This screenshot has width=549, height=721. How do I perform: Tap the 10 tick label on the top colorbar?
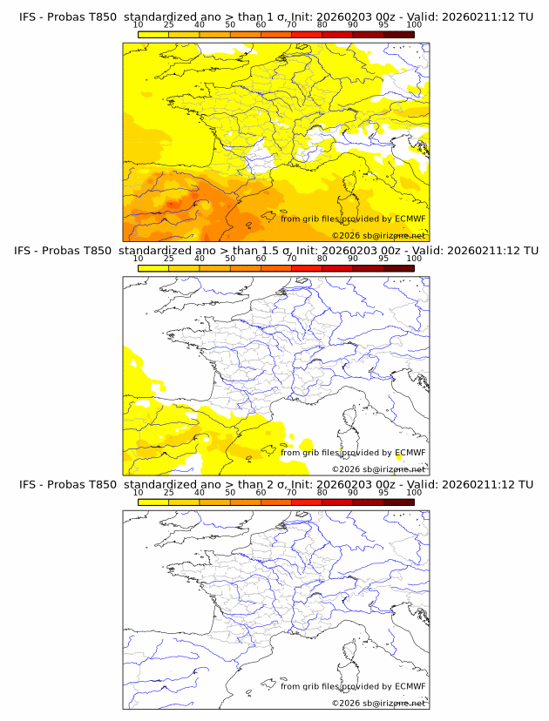pyautogui.click(x=138, y=25)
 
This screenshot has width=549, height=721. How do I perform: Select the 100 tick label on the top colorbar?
pyautogui.click(x=414, y=25)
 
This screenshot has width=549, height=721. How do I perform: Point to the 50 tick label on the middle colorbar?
pyautogui.click(x=230, y=259)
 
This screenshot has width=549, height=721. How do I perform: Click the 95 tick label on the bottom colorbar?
pyautogui.click(x=383, y=492)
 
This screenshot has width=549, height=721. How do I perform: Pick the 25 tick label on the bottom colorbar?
pyautogui.click(x=168, y=492)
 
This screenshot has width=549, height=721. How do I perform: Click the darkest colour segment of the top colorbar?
pyautogui.click(x=398, y=34)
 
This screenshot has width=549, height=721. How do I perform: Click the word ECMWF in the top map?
pyautogui.click(x=410, y=219)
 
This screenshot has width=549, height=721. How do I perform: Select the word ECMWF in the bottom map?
pyautogui.click(x=410, y=686)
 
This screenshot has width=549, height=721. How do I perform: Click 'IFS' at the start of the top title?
pyautogui.click(x=28, y=17)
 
